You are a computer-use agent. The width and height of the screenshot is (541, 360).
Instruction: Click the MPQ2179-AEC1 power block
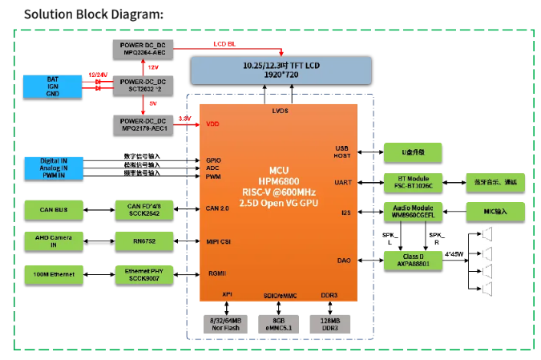(x=143, y=124)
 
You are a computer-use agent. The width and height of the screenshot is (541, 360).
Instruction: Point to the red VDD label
(x=212, y=124)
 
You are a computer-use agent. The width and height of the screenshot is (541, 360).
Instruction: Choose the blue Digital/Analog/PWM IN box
(x=53, y=167)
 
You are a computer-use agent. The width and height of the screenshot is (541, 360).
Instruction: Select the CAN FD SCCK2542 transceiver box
(x=143, y=210)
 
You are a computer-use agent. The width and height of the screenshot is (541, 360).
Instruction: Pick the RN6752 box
(x=143, y=241)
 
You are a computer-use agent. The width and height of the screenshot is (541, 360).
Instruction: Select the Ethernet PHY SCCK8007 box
(x=143, y=275)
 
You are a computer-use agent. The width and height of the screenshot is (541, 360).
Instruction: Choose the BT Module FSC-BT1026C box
(x=414, y=183)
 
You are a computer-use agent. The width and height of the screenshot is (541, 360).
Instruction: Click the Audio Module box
(x=414, y=212)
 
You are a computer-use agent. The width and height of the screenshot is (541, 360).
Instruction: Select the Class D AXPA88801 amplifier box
(x=414, y=260)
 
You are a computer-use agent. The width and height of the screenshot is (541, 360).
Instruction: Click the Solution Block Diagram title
(x=93, y=14)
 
